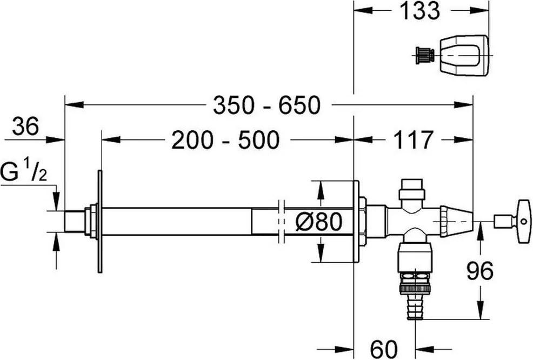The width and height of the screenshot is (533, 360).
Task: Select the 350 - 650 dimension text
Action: [x=267, y=105]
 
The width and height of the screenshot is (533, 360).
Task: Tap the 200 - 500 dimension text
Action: [x=225, y=140]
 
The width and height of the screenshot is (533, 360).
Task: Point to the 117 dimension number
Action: [x=414, y=139]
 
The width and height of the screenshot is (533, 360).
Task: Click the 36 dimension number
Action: [x=26, y=126]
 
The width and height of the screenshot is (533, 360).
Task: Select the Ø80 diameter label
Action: [x=318, y=222]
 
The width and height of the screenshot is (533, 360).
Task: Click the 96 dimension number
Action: [x=479, y=271]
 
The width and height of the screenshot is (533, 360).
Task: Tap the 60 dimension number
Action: [x=384, y=349]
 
